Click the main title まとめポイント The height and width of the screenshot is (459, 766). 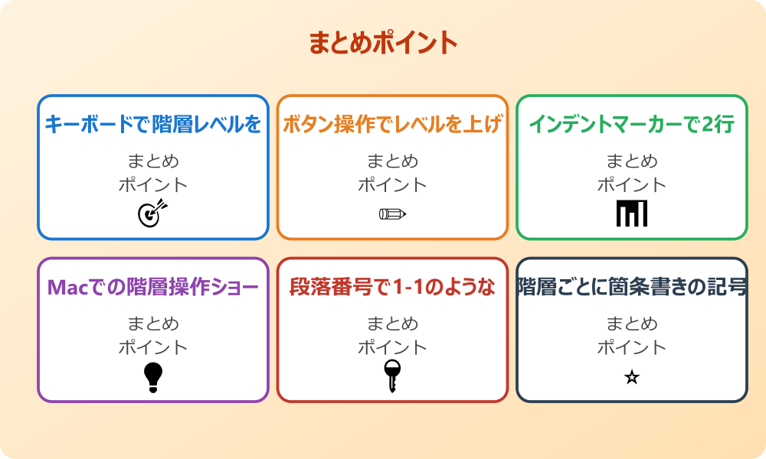(x=383, y=43)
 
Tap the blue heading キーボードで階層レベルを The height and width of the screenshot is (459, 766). (x=153, y=124)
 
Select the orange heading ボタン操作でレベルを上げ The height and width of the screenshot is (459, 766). (x=392, y=124)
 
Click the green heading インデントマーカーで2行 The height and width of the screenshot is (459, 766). (x=632, y=124)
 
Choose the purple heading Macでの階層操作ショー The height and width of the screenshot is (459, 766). (x=153, y=287)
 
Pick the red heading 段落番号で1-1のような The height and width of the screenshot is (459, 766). (x=392, y=287)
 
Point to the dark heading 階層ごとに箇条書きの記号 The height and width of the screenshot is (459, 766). (x=632, y=287)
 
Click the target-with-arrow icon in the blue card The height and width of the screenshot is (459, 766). (x=152, y=213)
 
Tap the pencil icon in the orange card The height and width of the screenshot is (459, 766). (x=392, y=213)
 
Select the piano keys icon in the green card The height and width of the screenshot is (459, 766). (x=632, y=213)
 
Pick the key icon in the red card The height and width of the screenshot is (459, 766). (x=392, y=376)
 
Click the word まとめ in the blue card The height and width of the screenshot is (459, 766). (x=153, y=161)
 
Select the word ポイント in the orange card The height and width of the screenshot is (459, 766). (x=392, y=185)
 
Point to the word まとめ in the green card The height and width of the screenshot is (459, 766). (x=632, y=161)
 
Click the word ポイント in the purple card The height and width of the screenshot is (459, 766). (x=153, y=347)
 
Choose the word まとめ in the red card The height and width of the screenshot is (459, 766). (x=392, y=324)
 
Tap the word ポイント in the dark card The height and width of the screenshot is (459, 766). (x=632, y=347)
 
